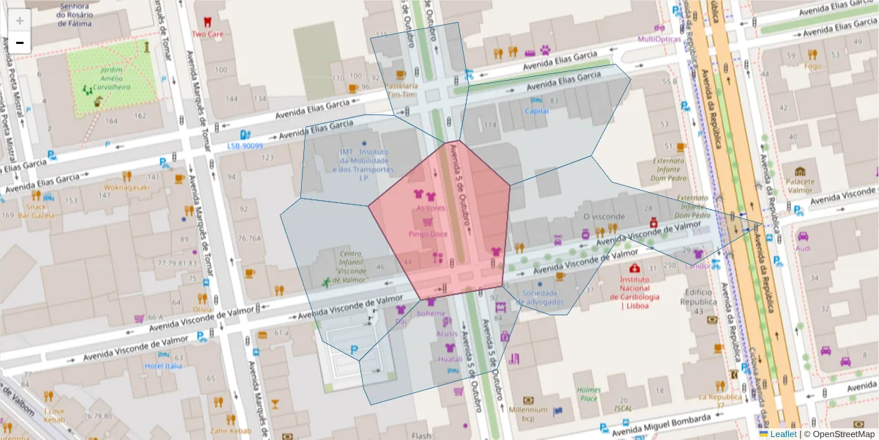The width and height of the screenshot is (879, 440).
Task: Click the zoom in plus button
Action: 20,21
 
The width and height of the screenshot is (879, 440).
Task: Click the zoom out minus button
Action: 20,43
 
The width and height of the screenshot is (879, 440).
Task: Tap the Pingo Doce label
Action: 428,234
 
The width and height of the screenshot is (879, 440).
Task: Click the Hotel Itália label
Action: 163,365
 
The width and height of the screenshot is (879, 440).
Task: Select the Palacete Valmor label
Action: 800,186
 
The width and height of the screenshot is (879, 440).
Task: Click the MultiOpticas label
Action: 659,39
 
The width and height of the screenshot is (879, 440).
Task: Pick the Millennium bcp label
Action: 528,414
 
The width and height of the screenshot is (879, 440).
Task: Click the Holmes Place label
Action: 587,394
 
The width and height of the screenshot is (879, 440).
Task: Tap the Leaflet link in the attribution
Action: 783,434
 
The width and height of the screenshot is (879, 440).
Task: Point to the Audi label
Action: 803,248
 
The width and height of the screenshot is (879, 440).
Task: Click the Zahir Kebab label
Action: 225,430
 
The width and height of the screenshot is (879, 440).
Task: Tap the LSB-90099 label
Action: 245,146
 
